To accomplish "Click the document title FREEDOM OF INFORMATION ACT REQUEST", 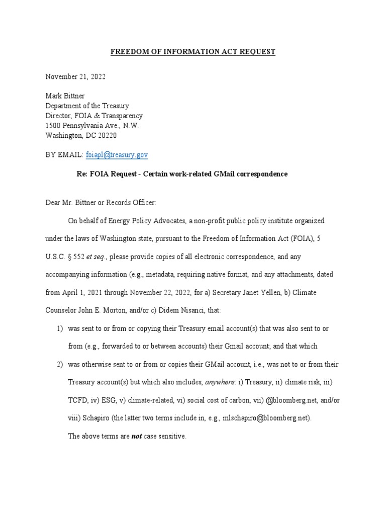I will click(x=193, y=52).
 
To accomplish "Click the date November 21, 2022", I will click(x=75, y=77).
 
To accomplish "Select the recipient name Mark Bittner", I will click(x=65, y=96).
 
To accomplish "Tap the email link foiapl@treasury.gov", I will click(x=117, y=154).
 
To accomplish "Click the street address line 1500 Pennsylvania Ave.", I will click(x=92, y=125).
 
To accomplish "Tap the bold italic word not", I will click(x=137, y=437).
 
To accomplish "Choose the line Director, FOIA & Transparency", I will click(x=94, y=116).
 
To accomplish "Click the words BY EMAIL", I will click(x=62, y=154).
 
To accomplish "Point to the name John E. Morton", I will click(x=103, y=310).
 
